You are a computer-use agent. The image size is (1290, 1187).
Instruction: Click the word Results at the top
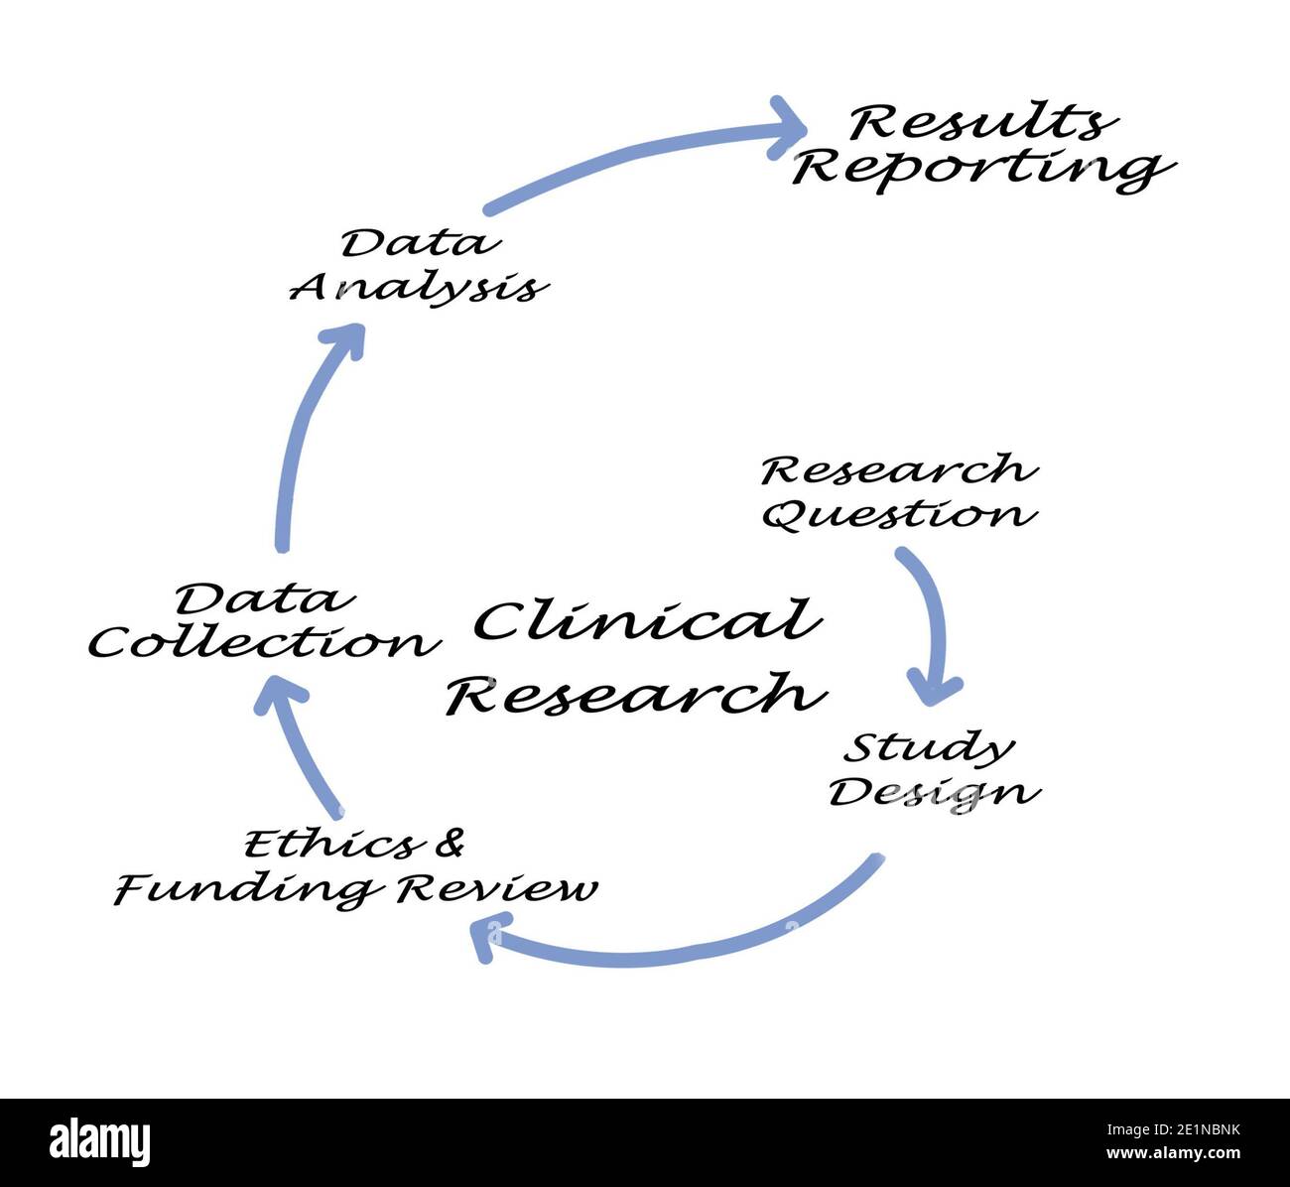coord(980,123)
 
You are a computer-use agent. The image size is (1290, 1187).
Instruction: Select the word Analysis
coord(418,287)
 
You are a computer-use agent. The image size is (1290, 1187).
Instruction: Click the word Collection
coord(264,643)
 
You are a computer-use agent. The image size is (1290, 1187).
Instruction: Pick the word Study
coord(928,748)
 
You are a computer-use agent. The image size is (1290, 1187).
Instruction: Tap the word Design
coord(934,793)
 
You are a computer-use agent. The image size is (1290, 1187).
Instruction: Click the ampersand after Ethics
coord(450,844)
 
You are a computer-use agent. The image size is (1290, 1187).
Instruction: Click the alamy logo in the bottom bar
coord(100,1142)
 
